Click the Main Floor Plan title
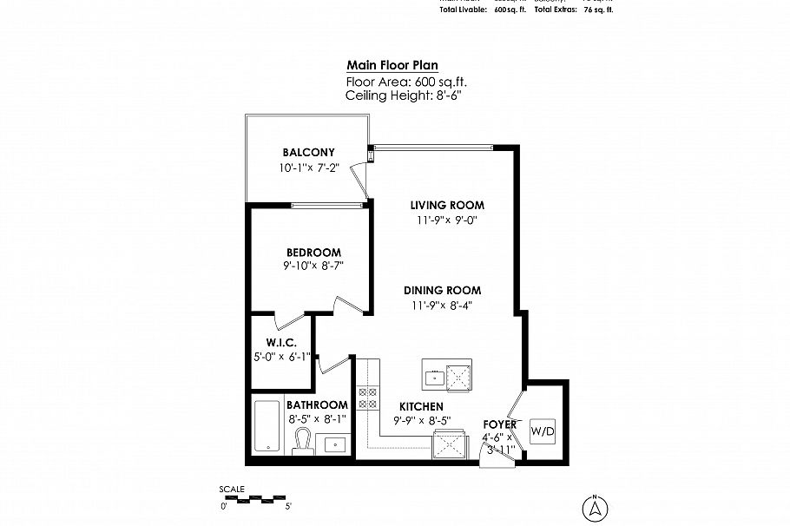click(x=392, y=65)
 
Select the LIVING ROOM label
click(x=447, y=205)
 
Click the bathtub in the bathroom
click(x=267, y=425)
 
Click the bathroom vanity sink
click(x=332, y=444)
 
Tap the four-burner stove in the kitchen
click(x=367, y=397)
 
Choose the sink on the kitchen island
click(x=433, y=376)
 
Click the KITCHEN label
click(x=422, y=406)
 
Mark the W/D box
click(x=542, y=430)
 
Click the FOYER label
click(x=500, y=424)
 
